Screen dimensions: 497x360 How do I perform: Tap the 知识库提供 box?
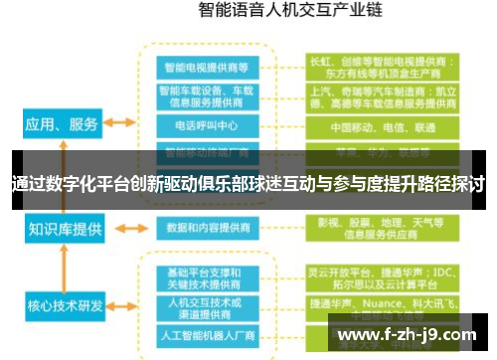tap(66, 229)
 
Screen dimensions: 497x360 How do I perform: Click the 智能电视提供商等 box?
tap(208, 67)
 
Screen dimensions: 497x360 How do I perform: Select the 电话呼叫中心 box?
tap(208, 126)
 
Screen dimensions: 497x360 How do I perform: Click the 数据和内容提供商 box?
tap(208, 227)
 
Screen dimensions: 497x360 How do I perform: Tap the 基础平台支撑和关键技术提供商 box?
tap(208, 278)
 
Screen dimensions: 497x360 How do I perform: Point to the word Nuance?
tap(381, 301)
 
